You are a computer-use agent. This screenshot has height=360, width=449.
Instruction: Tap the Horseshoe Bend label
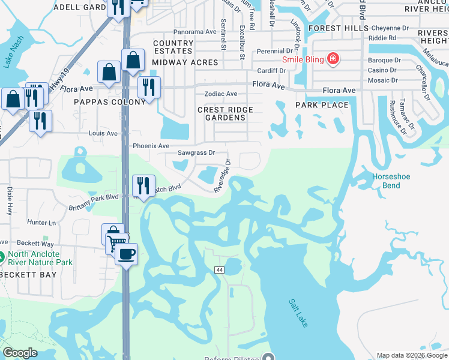click(x=391, y=181)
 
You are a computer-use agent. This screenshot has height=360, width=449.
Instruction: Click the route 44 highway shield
click(x=219, y=271)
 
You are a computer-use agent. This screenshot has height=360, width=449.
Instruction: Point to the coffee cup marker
click(x=126, y=254)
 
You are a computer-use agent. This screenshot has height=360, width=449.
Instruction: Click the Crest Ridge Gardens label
click(x=226, y=113)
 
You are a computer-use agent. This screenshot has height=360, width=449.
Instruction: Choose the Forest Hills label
click(x=334, y=28)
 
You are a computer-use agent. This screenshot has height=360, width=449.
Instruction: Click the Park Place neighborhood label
click(x=322, y=105)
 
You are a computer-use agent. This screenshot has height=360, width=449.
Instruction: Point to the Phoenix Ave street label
click(x=151, y=146)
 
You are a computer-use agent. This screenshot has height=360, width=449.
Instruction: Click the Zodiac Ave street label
click(x=221, y=94)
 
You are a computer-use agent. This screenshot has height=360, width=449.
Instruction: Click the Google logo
click(x=20, y=353)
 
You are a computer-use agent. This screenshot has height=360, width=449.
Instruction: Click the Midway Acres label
click(x=179, y=62)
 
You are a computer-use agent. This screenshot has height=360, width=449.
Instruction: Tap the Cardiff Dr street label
click(x=273, y=70)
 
